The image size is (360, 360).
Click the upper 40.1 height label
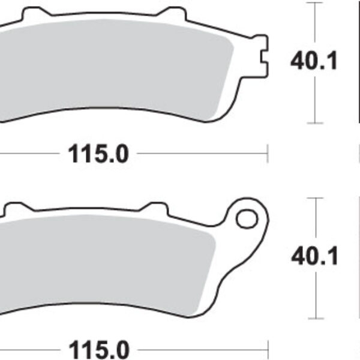point(314,60)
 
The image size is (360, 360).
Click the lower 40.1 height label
point(314,257)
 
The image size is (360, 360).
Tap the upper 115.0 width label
point(98,155)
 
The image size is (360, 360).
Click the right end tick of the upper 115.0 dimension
point(267,154)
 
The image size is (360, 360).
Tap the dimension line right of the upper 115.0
point(198,154)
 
